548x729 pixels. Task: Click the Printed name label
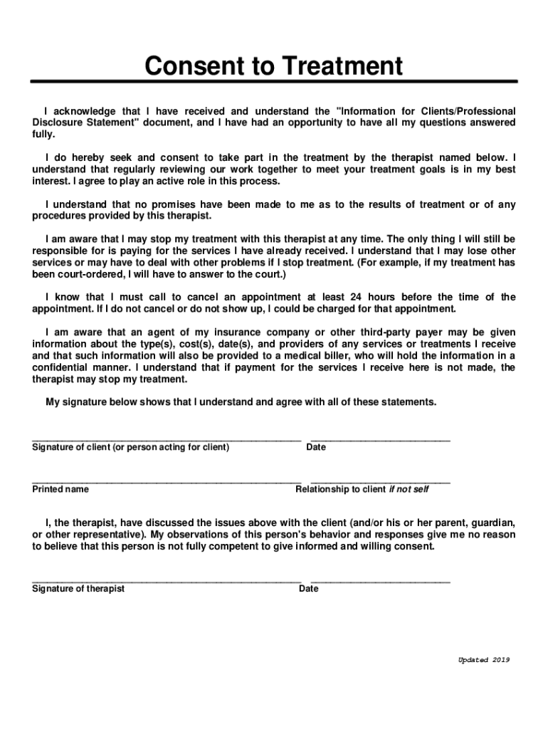[x=60, y=490]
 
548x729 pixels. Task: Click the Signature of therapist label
[x=78, y=589]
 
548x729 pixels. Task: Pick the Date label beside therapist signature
[x=309, y=589]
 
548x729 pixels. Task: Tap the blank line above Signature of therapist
[x=167, y=581]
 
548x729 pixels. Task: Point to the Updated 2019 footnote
[x=484, y=660]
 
